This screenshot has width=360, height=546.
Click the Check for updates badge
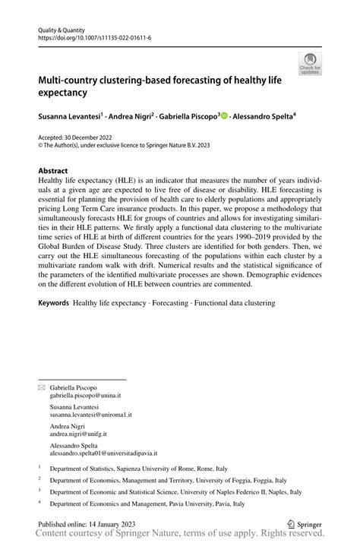(310, 65)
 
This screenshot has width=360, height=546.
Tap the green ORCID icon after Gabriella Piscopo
(224, 116)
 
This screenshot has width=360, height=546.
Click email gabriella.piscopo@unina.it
(86, 396)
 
